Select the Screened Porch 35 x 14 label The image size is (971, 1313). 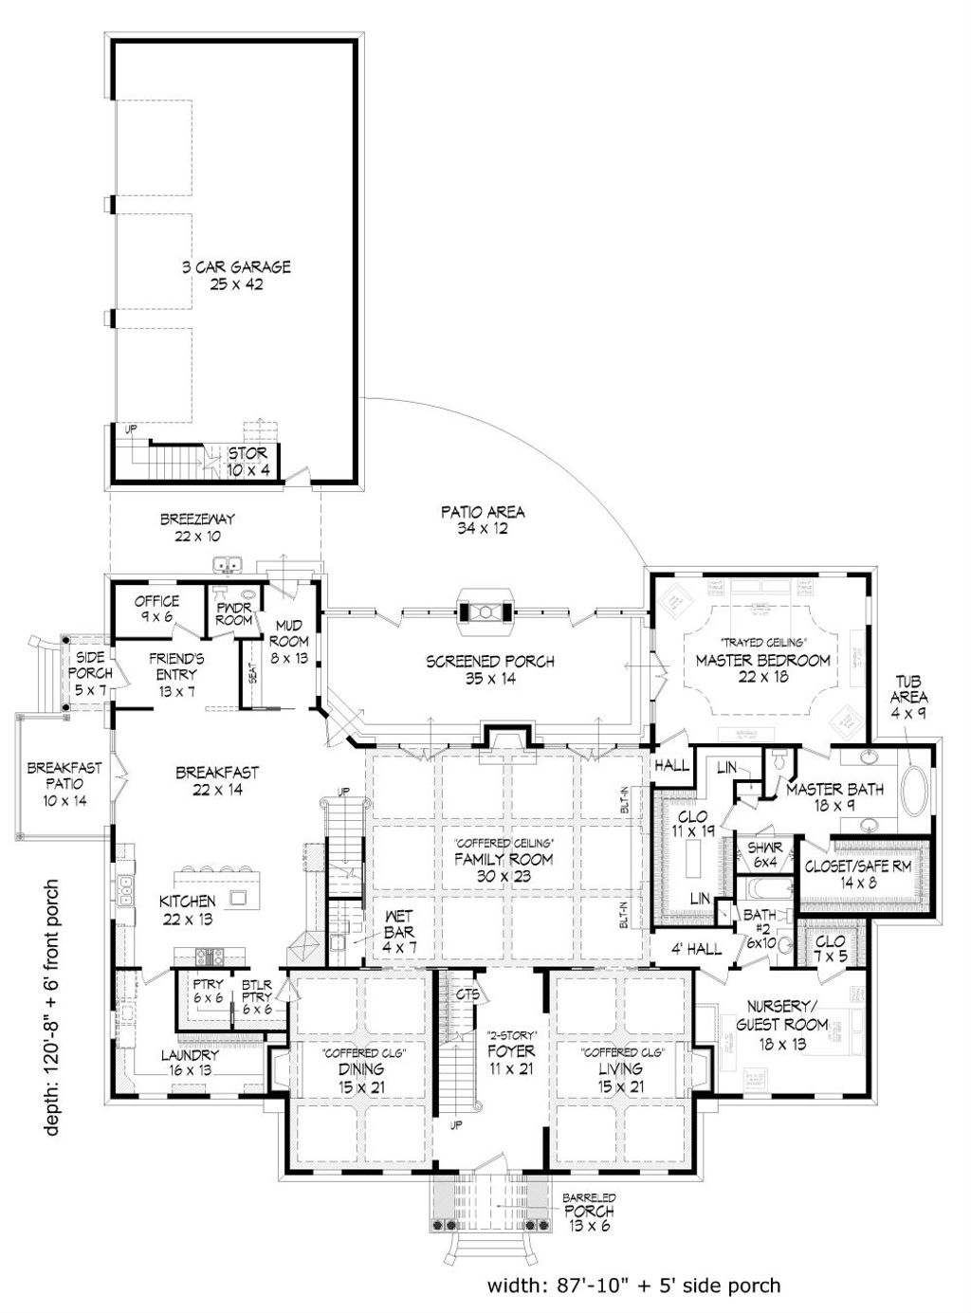489,669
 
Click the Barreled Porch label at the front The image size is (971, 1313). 589,1211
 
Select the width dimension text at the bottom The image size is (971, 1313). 633,1285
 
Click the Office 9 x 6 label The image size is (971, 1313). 156,609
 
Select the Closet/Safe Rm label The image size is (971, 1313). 858,875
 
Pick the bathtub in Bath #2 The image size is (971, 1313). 765,890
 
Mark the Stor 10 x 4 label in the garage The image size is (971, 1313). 247,462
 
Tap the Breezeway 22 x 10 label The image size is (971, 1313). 196,527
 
